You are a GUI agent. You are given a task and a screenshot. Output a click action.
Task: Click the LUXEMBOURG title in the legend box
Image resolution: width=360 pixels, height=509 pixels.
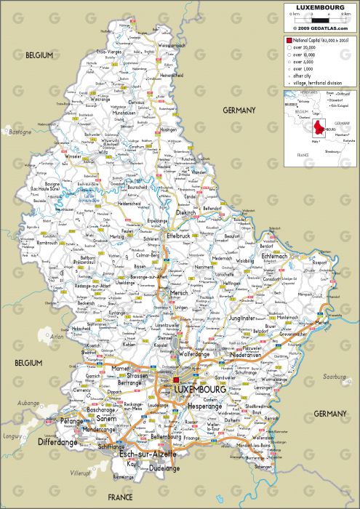[319, 7]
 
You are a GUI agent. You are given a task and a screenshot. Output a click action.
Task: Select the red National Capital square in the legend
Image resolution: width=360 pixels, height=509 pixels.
[289, 41]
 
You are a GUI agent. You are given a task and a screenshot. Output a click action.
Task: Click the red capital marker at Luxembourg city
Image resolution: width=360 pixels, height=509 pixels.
[176, 380]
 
